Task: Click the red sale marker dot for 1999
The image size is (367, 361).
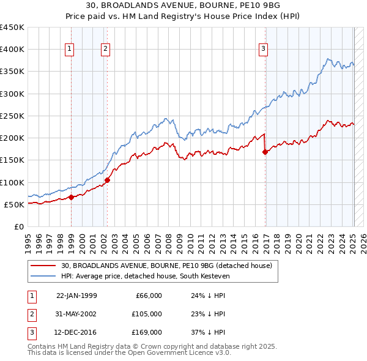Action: tap(71, 197)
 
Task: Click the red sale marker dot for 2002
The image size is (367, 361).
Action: tap(107, 180)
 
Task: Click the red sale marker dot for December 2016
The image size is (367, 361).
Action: tap(265, 152)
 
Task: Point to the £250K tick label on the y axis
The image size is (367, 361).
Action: tap(12, 116)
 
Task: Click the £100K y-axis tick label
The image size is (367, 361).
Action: tap(12, 182)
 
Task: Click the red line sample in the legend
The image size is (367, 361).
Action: tap(43, 266)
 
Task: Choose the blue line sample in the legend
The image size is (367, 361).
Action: tap(43, 276)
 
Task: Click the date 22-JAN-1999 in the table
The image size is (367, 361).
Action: tap(76, 296)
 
